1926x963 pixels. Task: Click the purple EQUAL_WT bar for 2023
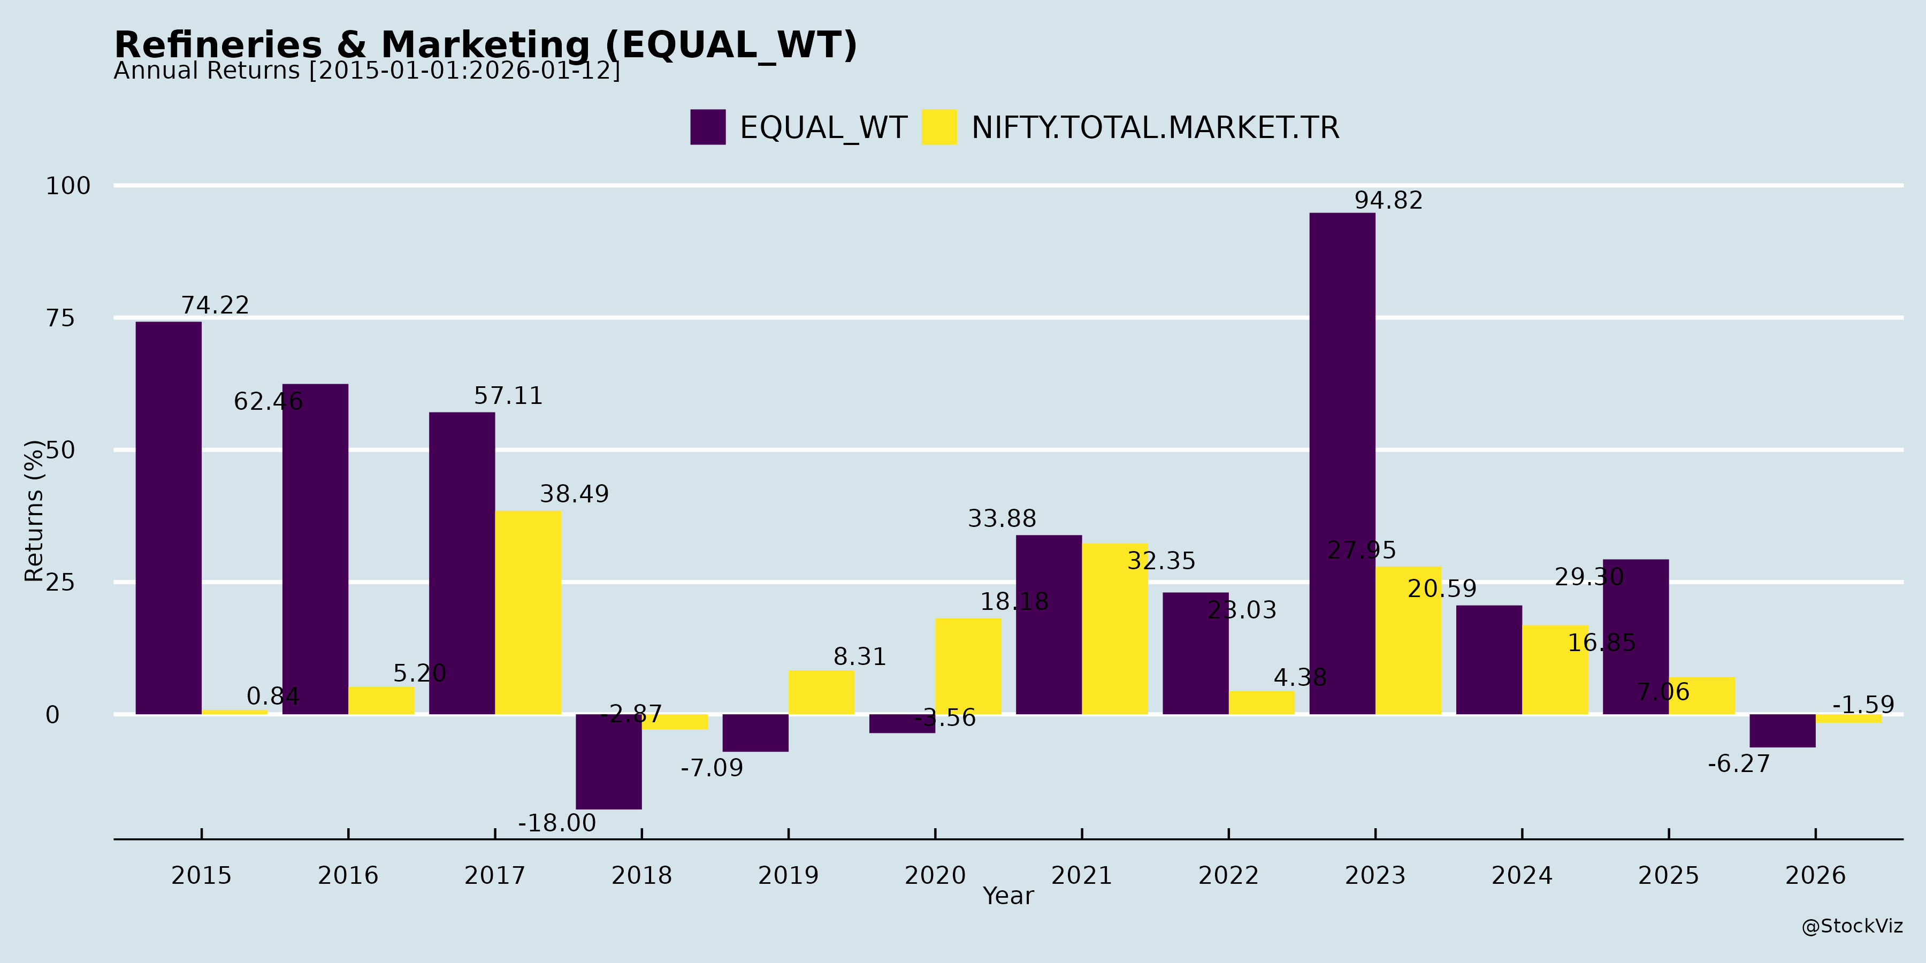point(1342,463)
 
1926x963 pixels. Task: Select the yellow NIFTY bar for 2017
point(528,613)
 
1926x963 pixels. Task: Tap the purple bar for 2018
point(609,761)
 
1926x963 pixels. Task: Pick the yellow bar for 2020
point(968,666)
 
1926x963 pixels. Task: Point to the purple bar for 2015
point(168,517)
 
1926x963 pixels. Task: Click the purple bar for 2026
point(1783,730)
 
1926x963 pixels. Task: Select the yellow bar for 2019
point(821,692)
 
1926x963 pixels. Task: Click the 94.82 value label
point(1388,201)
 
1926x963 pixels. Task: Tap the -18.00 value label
point(557,823)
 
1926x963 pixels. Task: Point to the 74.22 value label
point(215,305)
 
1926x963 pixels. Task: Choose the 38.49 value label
point(574,494)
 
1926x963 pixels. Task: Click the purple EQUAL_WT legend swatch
point(707,127)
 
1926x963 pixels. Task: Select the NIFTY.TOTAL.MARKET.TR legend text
point(1155,128)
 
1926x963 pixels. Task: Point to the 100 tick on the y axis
point(68,186)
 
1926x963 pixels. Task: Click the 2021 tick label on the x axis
point(1081,875)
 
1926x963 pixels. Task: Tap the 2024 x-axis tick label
point(1522,875)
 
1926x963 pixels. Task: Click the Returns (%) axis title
point(34,511)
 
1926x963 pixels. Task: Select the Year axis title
point(1008,896)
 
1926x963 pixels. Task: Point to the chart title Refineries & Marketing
point(485,45)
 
